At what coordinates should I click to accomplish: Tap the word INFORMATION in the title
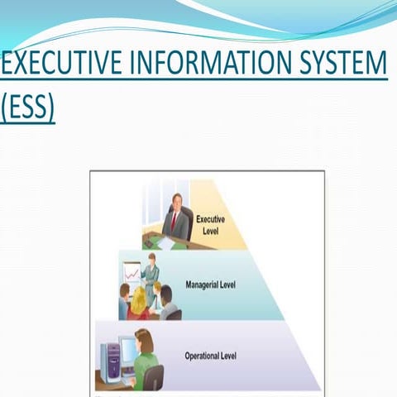coord(207,65)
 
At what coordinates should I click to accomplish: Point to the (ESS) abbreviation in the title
coord(27,108)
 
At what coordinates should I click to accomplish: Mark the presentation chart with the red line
coord(132,272)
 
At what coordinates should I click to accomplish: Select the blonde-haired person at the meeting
coord(139,299)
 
